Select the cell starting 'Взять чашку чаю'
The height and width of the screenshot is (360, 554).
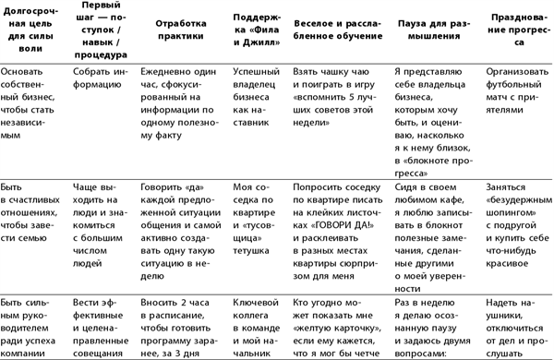[x=336, y=92]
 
